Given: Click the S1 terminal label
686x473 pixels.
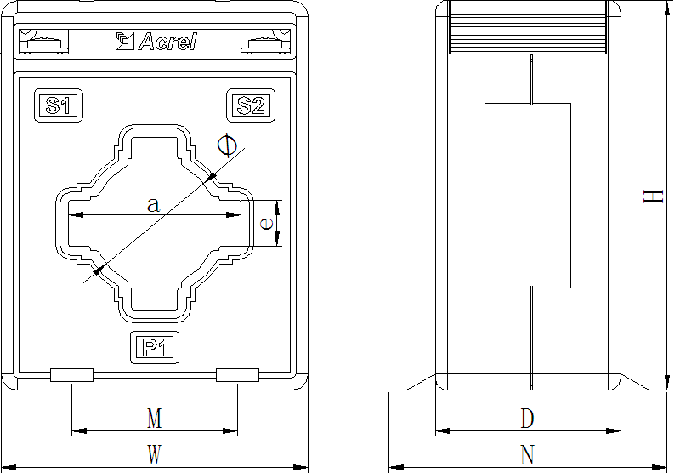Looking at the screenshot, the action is coord(58,105).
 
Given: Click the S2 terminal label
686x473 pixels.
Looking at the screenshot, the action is coord(251,105).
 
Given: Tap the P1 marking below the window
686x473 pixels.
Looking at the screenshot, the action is coord(155,348).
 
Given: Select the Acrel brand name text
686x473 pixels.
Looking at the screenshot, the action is coord(168,42).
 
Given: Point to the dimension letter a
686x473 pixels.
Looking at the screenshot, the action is coord(154,204).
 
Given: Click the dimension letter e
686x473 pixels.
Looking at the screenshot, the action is coord(266,224).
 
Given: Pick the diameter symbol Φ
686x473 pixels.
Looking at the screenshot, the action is coord(227,145).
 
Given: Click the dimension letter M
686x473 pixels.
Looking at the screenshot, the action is coord(155,419).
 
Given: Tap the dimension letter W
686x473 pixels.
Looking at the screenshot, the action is coord(155,454).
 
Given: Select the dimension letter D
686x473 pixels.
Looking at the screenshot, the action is coord(528,419).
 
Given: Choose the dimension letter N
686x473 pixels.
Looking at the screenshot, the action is coord(528,454).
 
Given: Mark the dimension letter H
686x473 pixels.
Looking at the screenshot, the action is coord(653,197).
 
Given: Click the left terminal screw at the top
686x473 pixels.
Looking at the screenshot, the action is coord(43,43).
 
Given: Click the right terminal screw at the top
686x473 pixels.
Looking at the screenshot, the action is coord(266,43).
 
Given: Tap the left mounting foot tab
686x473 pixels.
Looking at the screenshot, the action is coord(71,375).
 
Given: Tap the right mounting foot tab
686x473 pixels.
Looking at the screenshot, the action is coord(237,375).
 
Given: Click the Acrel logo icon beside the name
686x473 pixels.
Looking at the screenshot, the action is coord(125,41).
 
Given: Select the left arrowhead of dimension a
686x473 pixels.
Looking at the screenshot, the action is coord(77,215).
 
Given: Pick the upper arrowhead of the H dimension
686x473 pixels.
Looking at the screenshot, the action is coord(666,9).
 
